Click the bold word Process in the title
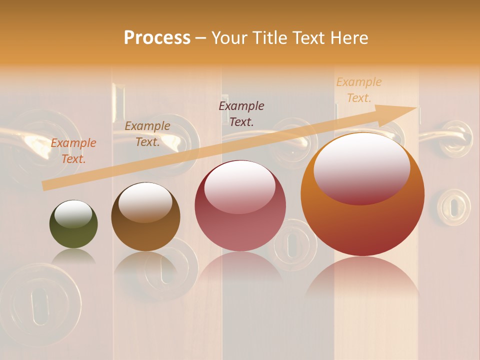tap(157, 38)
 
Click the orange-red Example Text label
tap(73, 151)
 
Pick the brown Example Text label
tap(147, 134)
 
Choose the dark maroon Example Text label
tap(241, 113)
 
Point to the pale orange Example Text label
tap(359, 90)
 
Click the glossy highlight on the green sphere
tap(73, 213)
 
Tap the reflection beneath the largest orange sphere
tap(362, 280)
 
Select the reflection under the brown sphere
tap(145, 262)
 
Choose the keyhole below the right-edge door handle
tap(453, 206)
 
